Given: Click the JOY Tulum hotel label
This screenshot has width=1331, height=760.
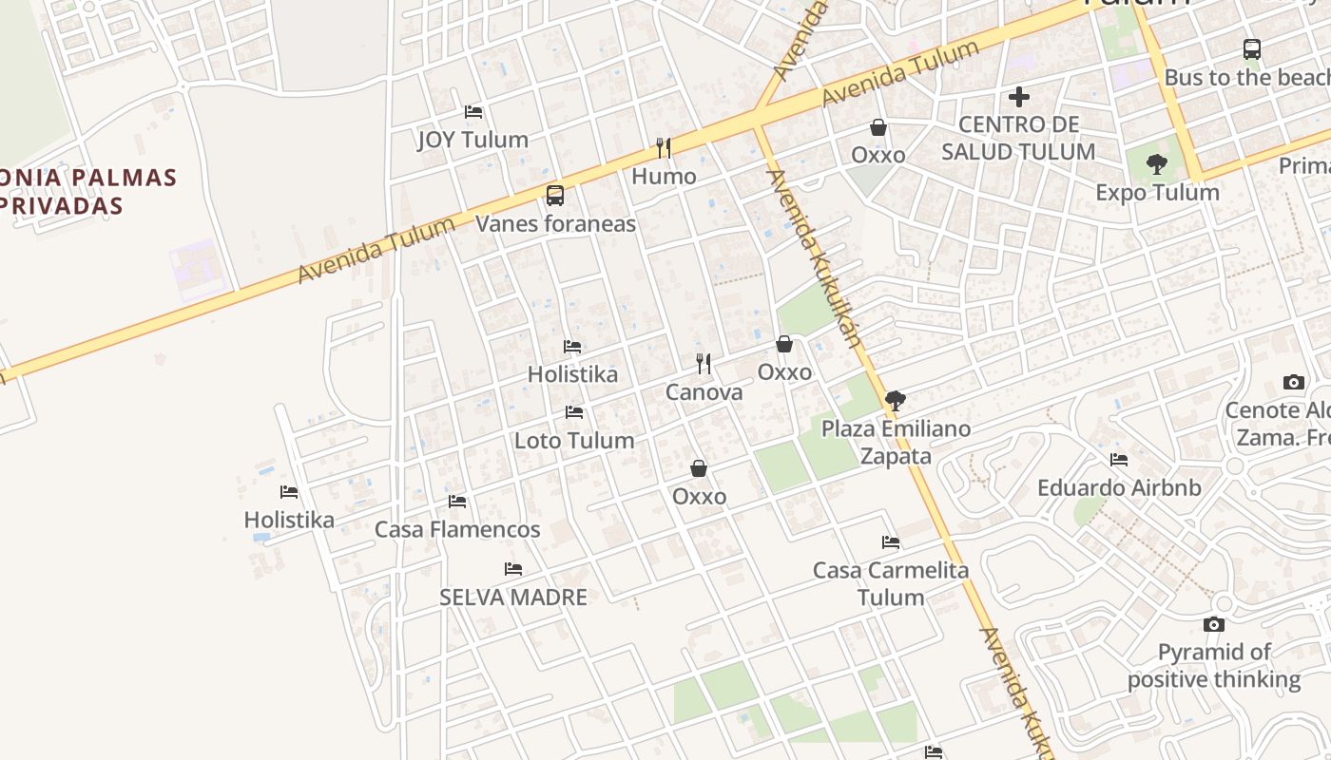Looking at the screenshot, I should pos(473,140).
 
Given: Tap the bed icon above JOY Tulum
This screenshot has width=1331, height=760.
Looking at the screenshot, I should pos(473,112).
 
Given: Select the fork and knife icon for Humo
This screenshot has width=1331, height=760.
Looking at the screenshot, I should pos(664,148).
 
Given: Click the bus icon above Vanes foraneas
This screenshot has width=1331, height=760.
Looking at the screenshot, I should pos(555,196).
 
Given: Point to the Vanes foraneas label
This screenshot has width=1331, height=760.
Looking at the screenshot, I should pos(555,224).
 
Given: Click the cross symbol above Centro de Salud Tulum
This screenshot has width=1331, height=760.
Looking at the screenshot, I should pos(1019,97).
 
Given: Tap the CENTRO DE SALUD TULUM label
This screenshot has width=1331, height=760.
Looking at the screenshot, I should pos(1018,138).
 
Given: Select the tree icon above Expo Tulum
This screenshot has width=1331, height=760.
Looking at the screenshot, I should pos(1157,164).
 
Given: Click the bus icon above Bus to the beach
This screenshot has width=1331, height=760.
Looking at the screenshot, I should pos(1252,49).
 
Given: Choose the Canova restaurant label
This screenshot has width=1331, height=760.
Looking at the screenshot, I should pos(704,392).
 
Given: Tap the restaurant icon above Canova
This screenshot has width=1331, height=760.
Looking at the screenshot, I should pos(704,364).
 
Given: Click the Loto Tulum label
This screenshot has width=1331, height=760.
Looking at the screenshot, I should pos(574,441).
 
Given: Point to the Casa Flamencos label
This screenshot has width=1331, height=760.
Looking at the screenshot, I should pos(457,529).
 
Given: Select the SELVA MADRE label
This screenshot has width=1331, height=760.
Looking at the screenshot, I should pos(513,597).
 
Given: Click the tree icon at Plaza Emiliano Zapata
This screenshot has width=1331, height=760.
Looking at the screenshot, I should pos(895,401).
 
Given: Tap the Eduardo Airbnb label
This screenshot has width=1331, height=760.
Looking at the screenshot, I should pos(1119,488).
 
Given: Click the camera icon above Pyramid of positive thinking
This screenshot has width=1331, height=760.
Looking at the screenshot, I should pos(1213,624).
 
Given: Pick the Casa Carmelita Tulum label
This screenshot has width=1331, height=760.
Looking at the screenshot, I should pos(891,583).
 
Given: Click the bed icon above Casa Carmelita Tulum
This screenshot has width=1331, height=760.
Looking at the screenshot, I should pos(891,542).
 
